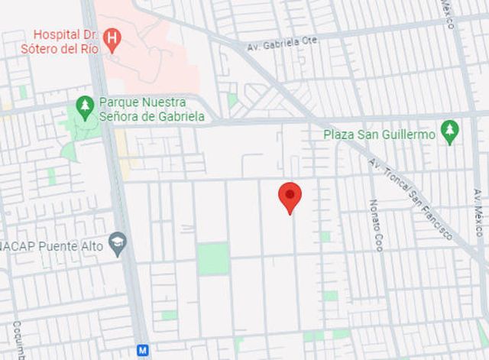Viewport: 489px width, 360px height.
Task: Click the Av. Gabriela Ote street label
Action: click(282, 44)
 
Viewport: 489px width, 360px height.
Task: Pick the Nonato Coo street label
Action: click(376, 225)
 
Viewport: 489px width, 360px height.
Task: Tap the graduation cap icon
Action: click(118, 244)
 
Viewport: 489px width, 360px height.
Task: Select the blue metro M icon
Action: click(142, 350)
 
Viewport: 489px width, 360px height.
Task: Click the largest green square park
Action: click(212, 258)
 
